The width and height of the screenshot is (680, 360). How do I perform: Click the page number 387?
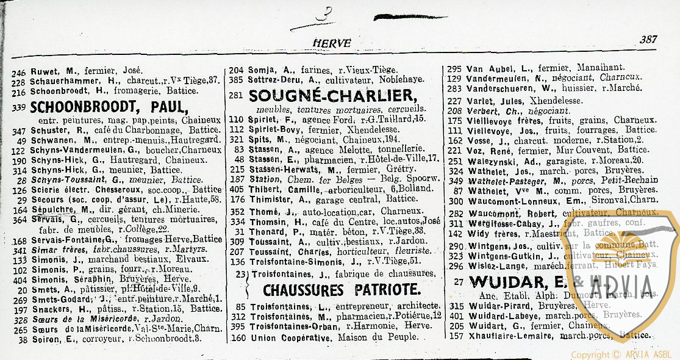(648, 40)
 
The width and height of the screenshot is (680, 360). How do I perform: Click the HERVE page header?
(332, 43)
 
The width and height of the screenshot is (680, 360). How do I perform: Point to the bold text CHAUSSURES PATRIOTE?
(342, 289)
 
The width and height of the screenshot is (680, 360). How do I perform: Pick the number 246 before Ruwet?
(18, 70)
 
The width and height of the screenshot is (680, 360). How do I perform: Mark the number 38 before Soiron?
(22, 339)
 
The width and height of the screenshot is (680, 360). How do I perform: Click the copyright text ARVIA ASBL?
(648, 355)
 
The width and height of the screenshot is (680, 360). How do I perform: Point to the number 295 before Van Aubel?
(454, 68)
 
